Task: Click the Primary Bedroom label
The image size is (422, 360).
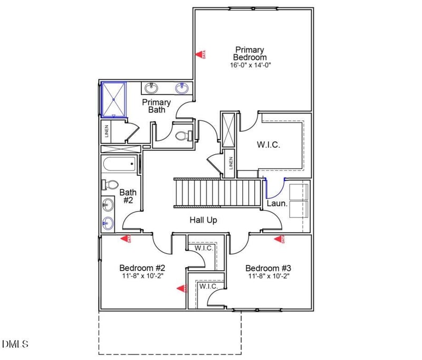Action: click(x=250, y=53)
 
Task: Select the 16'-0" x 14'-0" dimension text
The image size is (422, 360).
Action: click(x=250, y=65)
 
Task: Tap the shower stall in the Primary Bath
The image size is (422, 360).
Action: click(x=114, y=99)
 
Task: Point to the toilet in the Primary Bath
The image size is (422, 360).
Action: click(x=182, y=136)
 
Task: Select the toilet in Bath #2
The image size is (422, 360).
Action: click(x=110, y=185)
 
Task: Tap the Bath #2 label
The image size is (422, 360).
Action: click(x=128, y=196)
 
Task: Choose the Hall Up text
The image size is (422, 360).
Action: click(x=203, y=220)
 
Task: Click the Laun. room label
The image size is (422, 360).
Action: click(x=277, y=203)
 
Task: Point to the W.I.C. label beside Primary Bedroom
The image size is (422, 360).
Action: click(x=268, y=145)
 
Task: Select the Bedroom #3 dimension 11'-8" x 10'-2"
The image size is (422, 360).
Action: click(x=268, y=276)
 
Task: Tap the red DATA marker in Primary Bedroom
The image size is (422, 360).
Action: click(x=199, y=54)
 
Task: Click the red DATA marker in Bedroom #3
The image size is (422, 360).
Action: click(x=277, y=240)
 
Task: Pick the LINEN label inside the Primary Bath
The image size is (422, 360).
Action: click(x=106, y=131)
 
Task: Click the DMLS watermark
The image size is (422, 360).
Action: click(x=15, y=344)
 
